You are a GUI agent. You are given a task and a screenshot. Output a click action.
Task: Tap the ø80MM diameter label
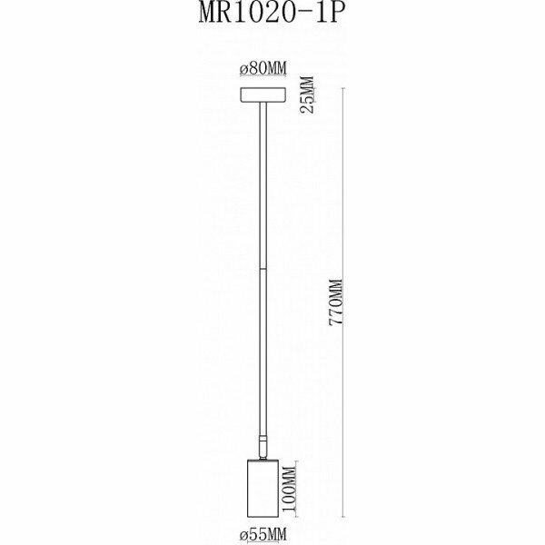[263, 69]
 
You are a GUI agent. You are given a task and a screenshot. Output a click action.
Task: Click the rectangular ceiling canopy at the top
[263, 95]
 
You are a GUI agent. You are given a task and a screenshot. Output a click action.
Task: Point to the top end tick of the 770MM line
[344, 88]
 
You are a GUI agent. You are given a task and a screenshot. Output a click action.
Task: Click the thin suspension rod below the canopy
[263, 182]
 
